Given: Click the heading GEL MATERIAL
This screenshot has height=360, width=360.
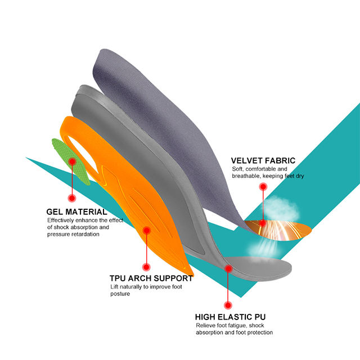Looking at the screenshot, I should point(76,212).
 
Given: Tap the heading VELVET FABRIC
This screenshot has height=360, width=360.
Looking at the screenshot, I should point(263,161).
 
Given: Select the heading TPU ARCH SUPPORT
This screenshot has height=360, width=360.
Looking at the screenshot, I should point(151,278).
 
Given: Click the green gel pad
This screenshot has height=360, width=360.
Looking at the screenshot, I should point(70,160).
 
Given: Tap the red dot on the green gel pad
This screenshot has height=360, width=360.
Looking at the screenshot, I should point(72,161).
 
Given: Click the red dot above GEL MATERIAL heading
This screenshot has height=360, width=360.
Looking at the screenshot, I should point(72,198).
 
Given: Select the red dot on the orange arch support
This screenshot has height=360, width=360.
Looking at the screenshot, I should point(146,229).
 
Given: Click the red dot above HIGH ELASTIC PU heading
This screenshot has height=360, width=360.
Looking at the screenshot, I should point(228,305).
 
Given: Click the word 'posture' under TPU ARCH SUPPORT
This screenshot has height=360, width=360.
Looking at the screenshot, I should point(120,294).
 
